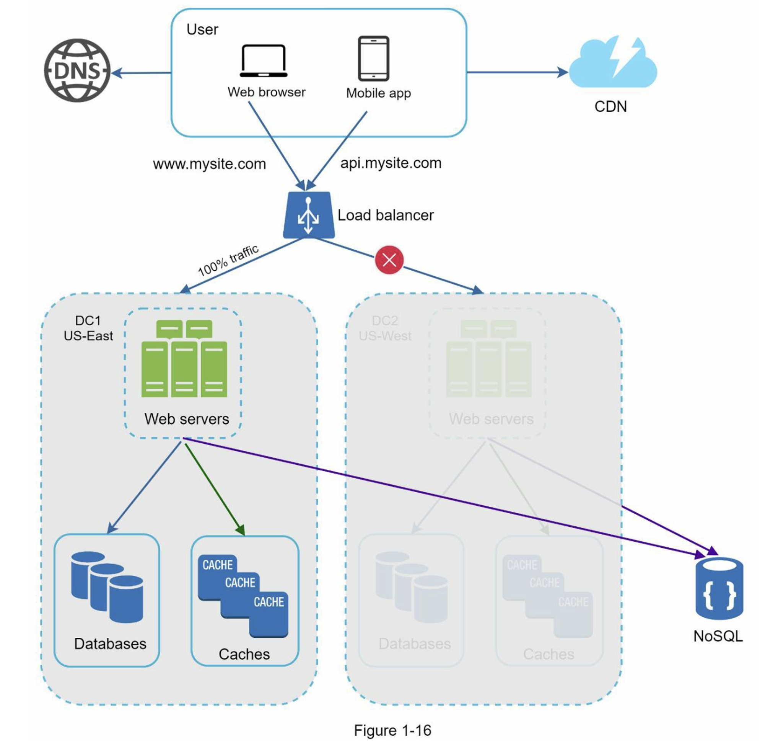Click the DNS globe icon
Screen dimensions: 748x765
pyautogui.click(x=77, y=71)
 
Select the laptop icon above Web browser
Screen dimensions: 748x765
pyautogui.click(x=264, y=61)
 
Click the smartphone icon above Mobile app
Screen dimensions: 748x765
pyautogui.click(x=373, y=59)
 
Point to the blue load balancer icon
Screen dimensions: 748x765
pyautogui.click(x=309, y=215)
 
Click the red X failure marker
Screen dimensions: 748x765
pyautogui.click(x=389, y=260)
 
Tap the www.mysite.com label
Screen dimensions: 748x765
pyautogui.click(x=209, y=164)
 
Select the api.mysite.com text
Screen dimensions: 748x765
pyautogui.click(x=391, y=163)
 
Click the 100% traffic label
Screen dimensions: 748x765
pyautogui.click(x=228, y=260)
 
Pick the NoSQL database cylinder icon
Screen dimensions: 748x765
pyautogui.click(x=719, y=588)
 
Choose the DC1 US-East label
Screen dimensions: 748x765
pyautogui.click(x=88, y=328)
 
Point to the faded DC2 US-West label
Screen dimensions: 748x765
pyautogui.click(x=385, y=328)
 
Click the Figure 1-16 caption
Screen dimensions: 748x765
pyautogui.click(x=392, y=730)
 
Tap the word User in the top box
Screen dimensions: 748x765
pyautogui.click(x=202, y=29)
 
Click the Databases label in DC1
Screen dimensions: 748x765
pyautogui.click(x=110, y=643)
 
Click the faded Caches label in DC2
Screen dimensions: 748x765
pyautogui.click(x=549, y=654)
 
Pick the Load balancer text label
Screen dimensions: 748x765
pyautogui.click(x=386, y=215)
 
